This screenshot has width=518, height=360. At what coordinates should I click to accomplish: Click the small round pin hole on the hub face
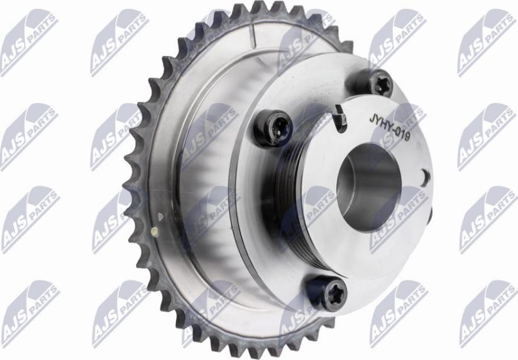click(x=425, y=178)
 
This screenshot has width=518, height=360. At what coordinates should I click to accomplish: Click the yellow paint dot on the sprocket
click(x=154, y=231)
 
